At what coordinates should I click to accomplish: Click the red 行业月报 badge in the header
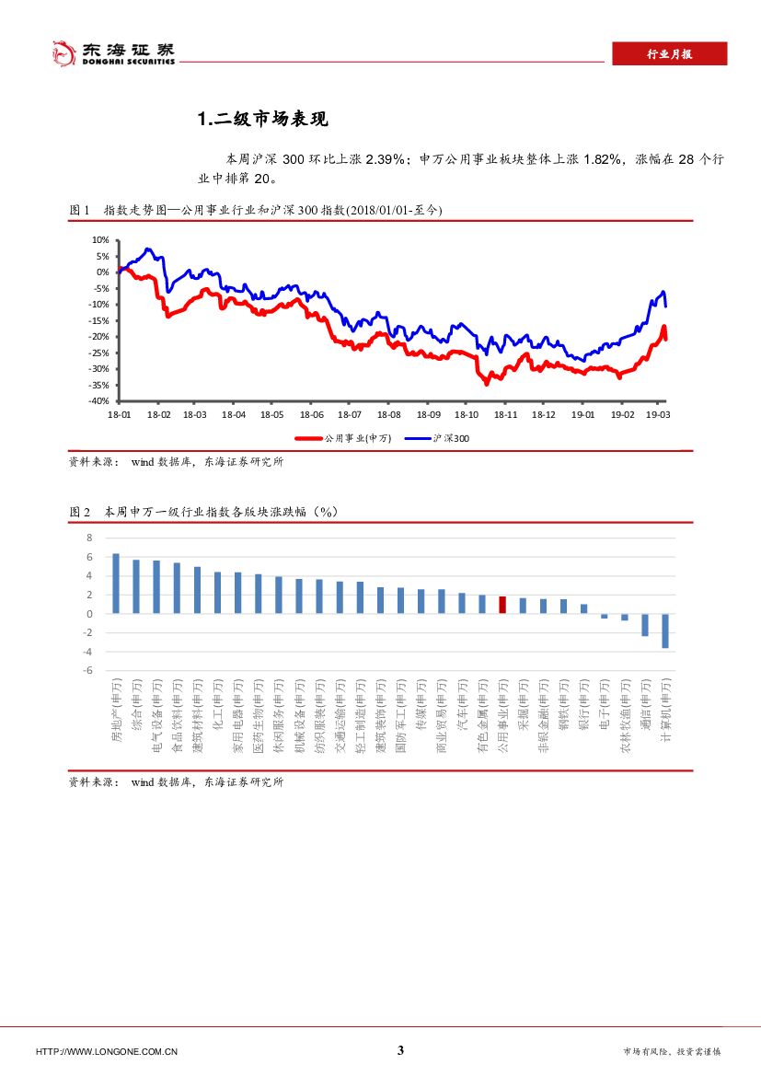pos(669,54)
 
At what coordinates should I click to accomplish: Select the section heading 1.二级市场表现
pos(263,120)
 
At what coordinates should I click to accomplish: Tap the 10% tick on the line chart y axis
pos(98,239)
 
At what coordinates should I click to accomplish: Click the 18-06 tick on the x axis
pos(311,415)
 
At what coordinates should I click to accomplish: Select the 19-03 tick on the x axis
pos(656,415)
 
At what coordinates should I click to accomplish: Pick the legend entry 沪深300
pos(452,439)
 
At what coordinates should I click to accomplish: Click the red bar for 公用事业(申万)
pos(502,605)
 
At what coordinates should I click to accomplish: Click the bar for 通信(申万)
pos(645,624)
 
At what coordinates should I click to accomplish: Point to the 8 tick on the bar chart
pos(89,538)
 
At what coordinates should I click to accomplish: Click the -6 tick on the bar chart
pos(87,671)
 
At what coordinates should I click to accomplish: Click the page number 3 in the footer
pos(400,1051)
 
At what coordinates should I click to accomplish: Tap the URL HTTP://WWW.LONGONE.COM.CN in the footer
pos(107,1052)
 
